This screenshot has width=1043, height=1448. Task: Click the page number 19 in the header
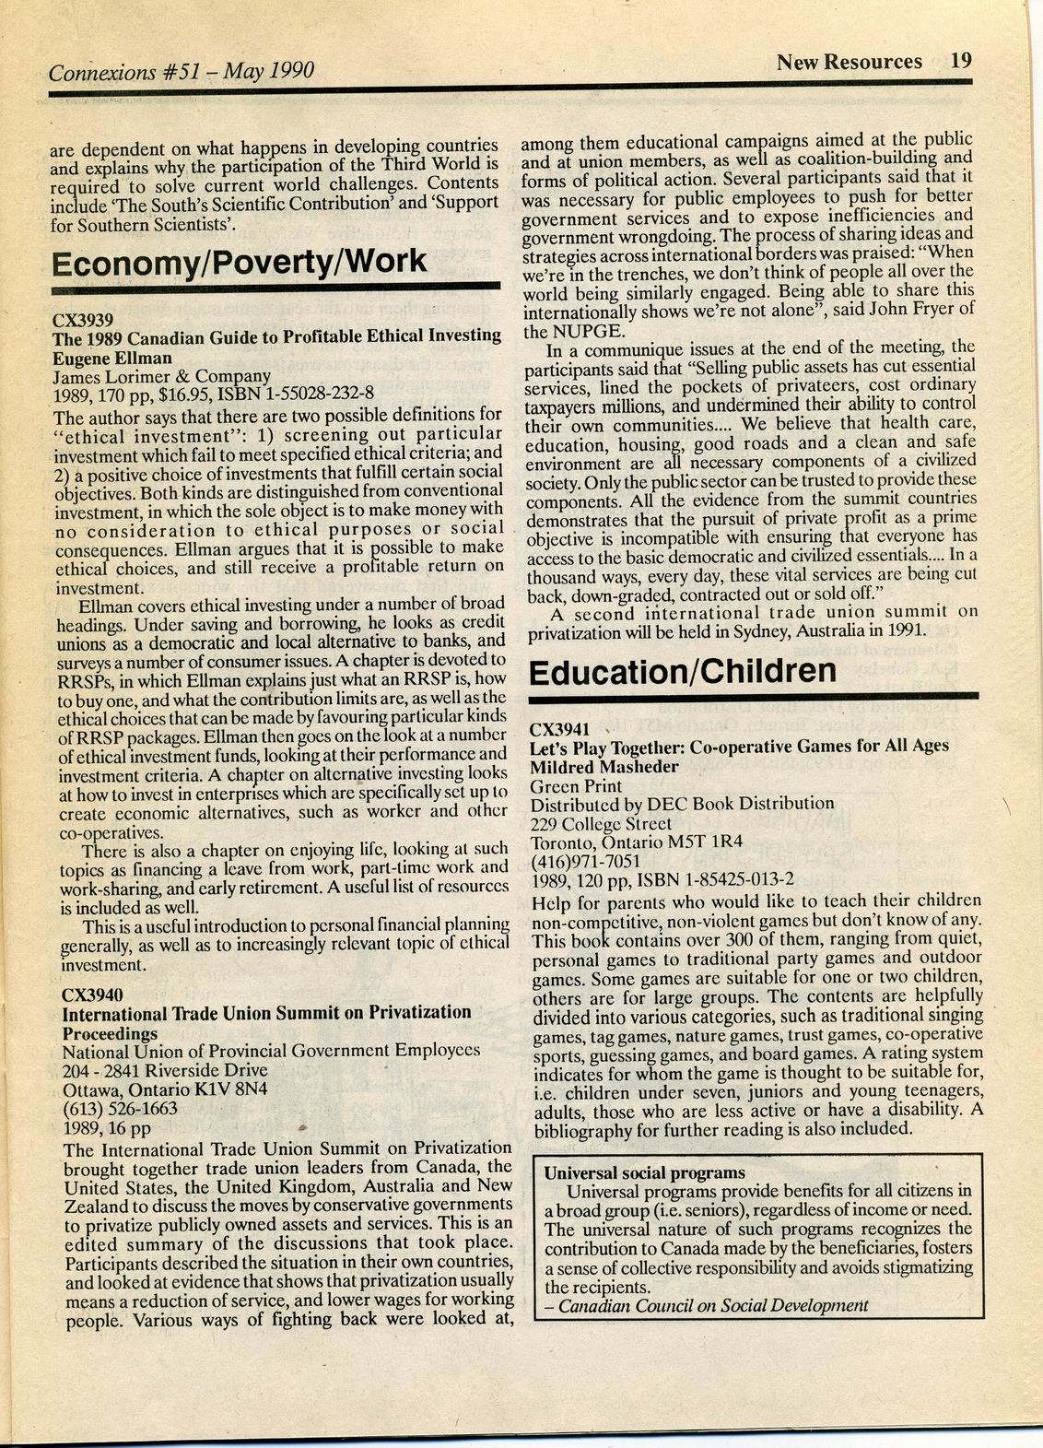point(961,61)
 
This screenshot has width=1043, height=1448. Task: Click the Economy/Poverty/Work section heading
point(239,261)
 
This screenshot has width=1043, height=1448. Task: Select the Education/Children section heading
point(683,670)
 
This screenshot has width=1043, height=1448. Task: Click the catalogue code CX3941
point(559,727)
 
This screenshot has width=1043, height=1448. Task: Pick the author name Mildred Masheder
point(604,766)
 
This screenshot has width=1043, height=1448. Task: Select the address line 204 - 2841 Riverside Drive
point(164,1070)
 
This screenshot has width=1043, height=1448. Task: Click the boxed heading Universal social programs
point(645,1173)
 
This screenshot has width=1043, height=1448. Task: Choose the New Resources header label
point(849,62)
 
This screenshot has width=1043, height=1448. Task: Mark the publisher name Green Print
point(576,786)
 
